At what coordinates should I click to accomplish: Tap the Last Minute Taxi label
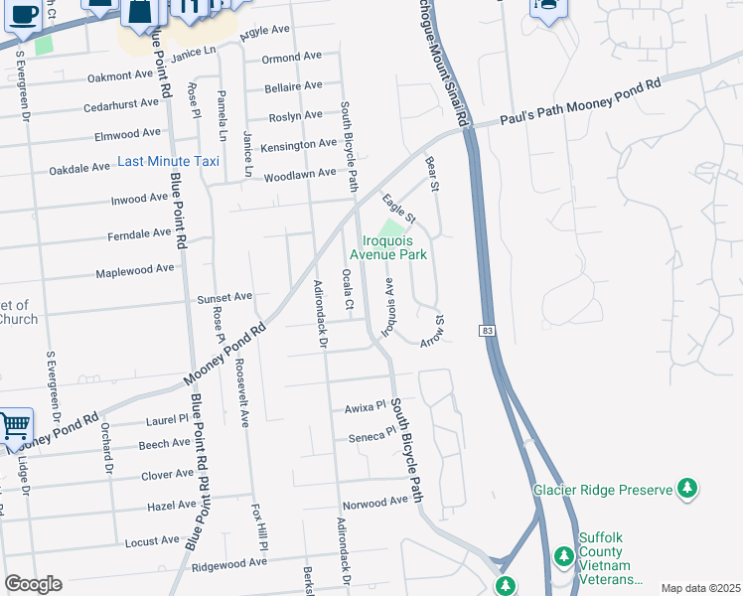[x=169, y=161]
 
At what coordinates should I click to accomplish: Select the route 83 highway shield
[x=487, y=330]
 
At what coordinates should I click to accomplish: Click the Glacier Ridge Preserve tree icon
[x=685, y=489]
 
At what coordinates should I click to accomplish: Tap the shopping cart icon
[x=15, y=426]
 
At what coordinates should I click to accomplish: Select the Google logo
[x=33, y=584]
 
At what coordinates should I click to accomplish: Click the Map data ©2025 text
[x=699, y=588]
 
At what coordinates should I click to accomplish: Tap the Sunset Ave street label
[x=224, y=297]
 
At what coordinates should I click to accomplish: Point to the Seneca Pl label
[x=366, y=437]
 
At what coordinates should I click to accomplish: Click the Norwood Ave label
[x=378, y=503]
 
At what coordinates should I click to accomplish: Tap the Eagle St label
[x=399, y=208]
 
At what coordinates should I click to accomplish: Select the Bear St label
[x=432, y=173]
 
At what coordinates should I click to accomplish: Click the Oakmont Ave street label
[x=120, y=76]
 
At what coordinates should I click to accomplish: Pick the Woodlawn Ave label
[x=300, y=175]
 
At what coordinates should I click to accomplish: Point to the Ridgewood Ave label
[x=230, y=563]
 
